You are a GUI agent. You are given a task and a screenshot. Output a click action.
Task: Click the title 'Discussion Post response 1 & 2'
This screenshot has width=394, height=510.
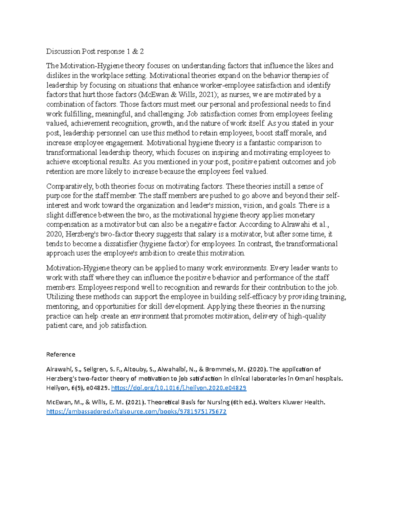click(95, 52)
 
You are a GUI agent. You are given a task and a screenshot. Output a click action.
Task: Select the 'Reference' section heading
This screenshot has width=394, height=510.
click(61, 354)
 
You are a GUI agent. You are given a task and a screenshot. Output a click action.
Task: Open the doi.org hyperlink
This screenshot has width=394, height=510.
click(179, 388)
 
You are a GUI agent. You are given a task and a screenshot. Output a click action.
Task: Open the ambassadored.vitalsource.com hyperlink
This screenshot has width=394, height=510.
click(136, 411)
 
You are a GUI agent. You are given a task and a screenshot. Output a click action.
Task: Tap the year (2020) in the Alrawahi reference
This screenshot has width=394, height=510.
click(257, 369)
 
